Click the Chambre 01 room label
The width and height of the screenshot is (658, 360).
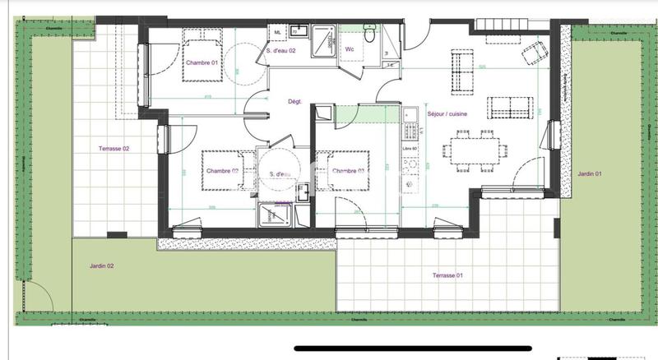point(201,63)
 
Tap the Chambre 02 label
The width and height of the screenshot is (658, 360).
point(222,171)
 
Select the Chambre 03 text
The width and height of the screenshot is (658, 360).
point(349,171)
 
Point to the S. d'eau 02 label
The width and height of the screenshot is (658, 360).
point(281,51)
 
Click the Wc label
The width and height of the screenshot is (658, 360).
point(350,49)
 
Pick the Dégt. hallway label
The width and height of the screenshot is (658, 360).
point(294,102)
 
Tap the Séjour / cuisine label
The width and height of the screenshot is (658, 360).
point(447,115)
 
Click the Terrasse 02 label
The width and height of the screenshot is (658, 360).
point(115,149)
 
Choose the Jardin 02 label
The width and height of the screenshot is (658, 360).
point(102,266)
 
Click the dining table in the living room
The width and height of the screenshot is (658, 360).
point(475,150)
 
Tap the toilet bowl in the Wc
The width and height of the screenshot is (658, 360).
point(369,35)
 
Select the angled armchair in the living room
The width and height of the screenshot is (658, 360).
point(535,53)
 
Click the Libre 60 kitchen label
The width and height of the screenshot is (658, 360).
point(410,148)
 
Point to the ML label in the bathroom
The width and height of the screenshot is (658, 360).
point(278,33)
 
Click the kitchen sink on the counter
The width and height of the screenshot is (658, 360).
point(409,114)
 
